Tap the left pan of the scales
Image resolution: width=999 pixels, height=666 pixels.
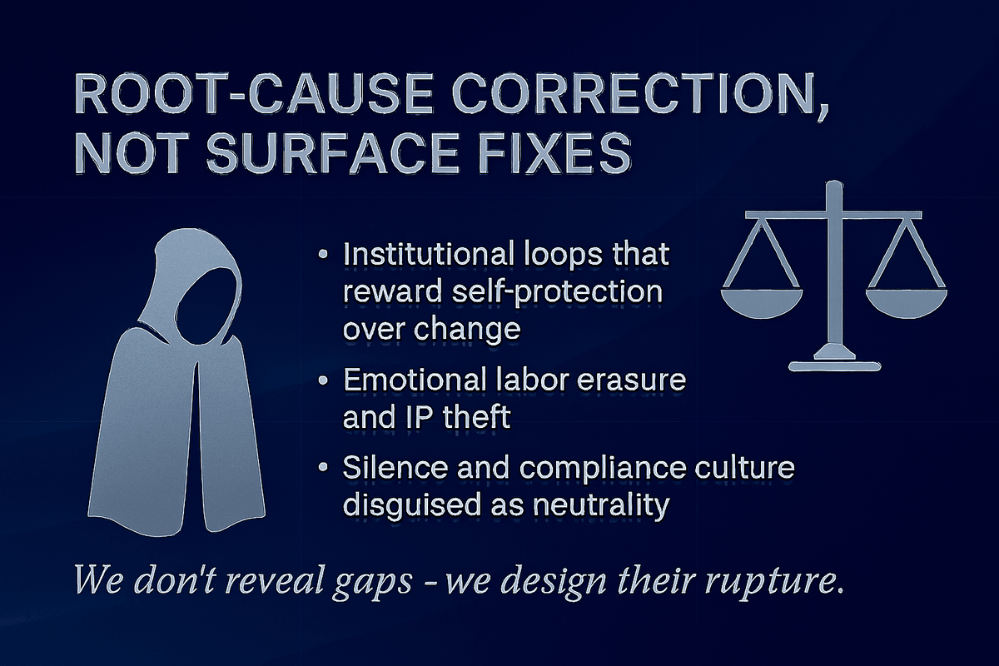[x=761, y=301]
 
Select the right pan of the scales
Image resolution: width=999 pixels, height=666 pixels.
[x=904, y=301]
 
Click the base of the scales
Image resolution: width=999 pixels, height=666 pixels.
[x=831, y=363]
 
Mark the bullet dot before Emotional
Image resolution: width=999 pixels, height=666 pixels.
[x=322, y=381]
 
